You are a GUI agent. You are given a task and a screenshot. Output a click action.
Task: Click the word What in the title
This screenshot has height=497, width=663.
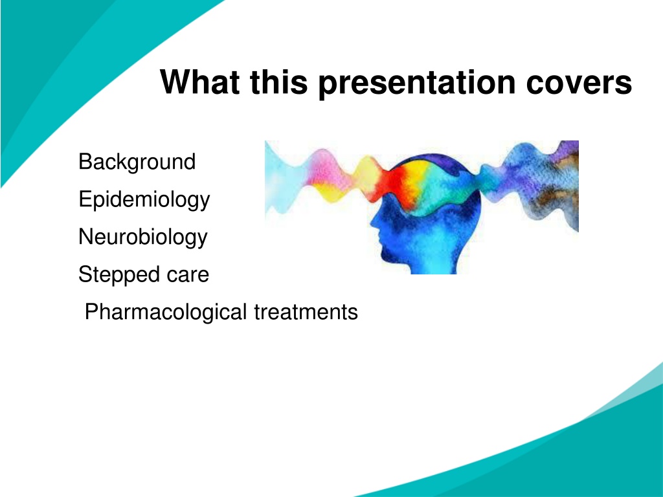point(200,82)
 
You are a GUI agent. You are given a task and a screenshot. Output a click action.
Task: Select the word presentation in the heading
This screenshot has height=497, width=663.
point(417,83)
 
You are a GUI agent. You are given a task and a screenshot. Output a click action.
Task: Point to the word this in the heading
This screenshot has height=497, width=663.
point(278,82)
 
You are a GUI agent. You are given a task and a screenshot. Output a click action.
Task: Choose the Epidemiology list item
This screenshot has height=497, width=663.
point(144,200)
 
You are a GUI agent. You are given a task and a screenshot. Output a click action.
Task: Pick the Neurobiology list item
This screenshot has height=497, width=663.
point(143,237)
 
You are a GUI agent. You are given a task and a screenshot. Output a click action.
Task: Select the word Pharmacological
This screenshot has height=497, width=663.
point(166,313)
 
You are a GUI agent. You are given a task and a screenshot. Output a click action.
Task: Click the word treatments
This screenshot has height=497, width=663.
point(306,313)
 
